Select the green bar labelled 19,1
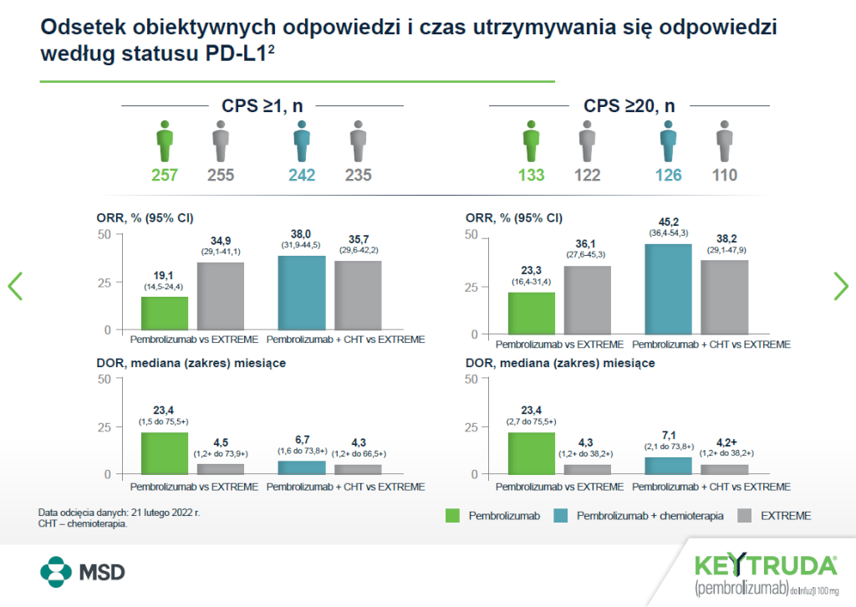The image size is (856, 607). click(164, 314)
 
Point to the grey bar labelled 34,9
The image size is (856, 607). click(221, 297)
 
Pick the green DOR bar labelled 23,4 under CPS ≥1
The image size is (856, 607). click(164, 453)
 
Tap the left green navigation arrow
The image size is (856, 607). click(15, 286)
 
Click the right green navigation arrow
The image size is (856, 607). click(840, 286)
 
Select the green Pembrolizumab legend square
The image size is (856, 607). click(452, 516)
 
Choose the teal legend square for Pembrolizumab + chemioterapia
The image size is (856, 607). click(560, 516)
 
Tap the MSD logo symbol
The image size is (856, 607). click(57, 573)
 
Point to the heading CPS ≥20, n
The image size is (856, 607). click(629, 106)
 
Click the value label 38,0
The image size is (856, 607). click(301, 235)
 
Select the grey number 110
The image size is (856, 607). click(724, 176)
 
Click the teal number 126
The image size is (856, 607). click(668, 176)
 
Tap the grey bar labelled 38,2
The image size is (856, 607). click(725, 297)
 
